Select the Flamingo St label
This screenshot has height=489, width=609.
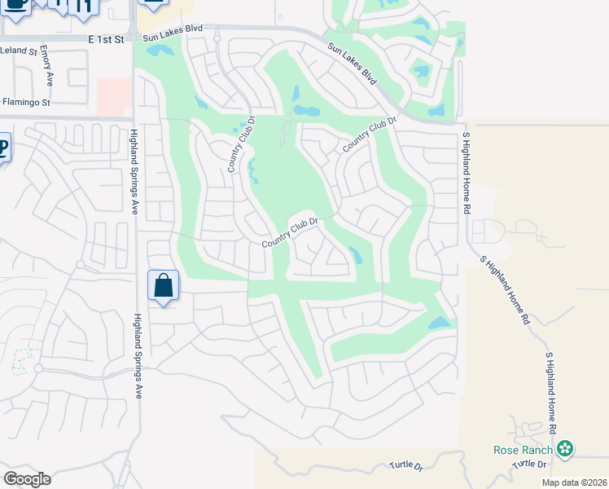click(26, 103)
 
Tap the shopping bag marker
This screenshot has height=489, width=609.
click(163, 286)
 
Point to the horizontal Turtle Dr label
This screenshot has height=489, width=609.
click(407, 467)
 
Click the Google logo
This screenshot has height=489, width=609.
click(26, 479)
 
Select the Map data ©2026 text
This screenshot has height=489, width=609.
click(573, 482)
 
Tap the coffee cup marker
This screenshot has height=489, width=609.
click(15, 4)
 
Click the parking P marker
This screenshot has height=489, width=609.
click(3, 148)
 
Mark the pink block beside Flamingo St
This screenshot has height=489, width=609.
click(114, 97)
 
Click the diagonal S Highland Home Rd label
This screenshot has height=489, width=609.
click(505, 287)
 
